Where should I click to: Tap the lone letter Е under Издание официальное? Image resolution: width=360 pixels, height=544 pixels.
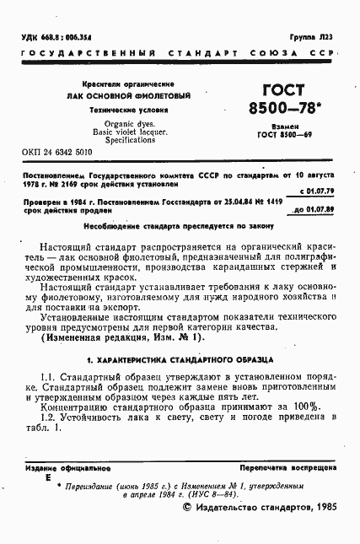coord(48,477)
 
